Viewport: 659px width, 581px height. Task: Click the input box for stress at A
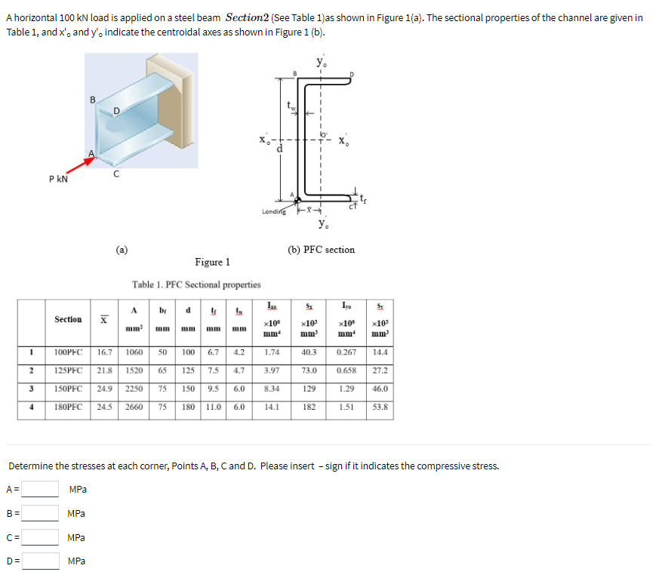41,489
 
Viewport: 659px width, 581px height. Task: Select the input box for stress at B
41,513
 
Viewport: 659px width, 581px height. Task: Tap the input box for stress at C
41,537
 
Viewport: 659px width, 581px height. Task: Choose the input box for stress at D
41,561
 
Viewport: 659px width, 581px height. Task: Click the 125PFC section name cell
69,370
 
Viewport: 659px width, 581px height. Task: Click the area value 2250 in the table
134,389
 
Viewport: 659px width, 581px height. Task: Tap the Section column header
69,319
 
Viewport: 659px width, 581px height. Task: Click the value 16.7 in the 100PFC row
105,352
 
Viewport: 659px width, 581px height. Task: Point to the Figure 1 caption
212,262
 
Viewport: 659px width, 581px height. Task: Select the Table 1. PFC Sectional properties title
196,284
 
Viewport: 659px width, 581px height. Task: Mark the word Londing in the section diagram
274,211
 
